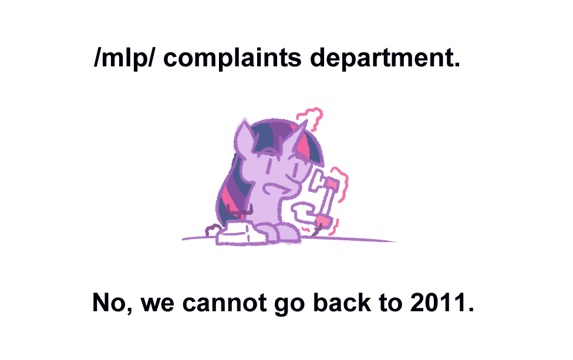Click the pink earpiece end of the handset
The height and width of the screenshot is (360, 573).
(x=333, y=184)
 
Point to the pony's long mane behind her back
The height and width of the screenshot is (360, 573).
(x=229, y=188)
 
